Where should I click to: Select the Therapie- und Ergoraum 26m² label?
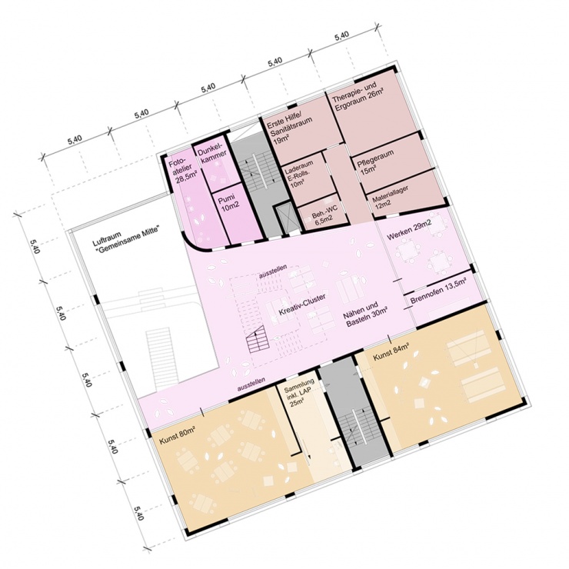(x=358, y=97)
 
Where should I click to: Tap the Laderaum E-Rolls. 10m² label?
(x=298, y=175)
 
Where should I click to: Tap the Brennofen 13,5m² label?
(x=438, y=291)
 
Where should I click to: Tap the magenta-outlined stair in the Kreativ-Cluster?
(x=258, y=338)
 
